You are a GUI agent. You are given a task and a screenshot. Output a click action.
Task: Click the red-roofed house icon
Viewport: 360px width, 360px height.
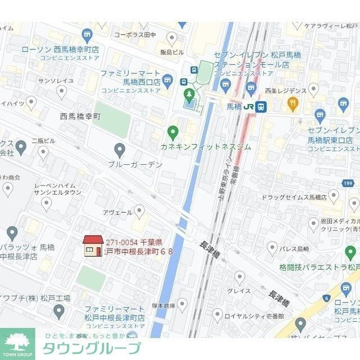click(x=93, y=246)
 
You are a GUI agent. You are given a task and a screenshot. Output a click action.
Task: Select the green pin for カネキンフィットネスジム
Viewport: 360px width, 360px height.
click(x=173, y=132)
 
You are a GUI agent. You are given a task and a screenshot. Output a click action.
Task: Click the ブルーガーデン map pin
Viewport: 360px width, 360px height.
click(x=119, y=150)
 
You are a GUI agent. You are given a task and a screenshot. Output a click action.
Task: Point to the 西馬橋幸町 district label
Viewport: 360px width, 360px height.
click(x=80, y=116)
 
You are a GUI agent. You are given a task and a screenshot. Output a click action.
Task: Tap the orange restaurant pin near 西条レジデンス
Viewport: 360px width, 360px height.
click(x=292, y=103)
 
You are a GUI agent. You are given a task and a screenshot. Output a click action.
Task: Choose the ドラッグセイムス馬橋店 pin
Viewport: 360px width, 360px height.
click(x=334, y=196)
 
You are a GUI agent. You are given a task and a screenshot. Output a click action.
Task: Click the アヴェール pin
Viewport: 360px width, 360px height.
click(x=139, y=211)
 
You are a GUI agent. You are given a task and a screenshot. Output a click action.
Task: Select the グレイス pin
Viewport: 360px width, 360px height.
click(x=240, y=277)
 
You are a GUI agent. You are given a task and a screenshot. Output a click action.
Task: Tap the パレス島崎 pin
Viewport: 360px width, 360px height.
click(x=272, y=247)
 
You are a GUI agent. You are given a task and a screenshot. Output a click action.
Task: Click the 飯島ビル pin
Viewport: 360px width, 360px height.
click(x=172, y=38)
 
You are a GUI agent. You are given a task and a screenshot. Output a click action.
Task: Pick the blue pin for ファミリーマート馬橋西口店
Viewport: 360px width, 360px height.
click(x=168, y=79)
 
